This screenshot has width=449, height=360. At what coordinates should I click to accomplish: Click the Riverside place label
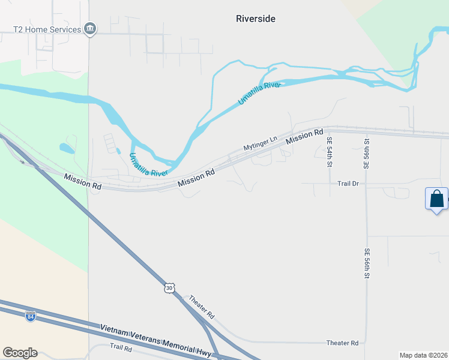coord(256,19)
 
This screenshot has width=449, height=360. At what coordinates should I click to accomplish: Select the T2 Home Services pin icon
coord(90,29)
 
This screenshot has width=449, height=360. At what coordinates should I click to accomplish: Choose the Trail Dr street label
coord(348,183)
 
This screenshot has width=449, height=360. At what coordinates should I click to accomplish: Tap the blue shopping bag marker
coord(436,199)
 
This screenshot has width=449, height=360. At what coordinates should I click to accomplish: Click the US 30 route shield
coord(170,288)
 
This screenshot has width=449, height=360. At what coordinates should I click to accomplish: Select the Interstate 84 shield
coord(31,316)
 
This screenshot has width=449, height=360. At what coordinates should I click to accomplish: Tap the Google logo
coord(20,353)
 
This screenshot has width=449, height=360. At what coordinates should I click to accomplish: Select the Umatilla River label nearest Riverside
coord(259,94)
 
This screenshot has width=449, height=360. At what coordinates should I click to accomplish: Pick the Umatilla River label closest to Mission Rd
coord(148,165)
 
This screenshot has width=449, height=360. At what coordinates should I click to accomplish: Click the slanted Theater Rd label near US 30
coord(202,307)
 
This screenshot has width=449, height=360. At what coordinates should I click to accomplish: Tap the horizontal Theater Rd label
coord(342,343)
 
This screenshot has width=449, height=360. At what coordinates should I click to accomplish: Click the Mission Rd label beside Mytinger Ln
coord(305,137)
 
